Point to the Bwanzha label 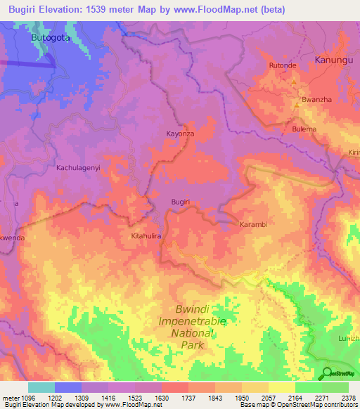[316, 100]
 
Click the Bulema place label [304, 129]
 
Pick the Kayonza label [179, 133]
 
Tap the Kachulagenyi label [79, 169]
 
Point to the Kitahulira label [147, 237]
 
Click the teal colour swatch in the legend [41, 387]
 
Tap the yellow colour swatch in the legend [281, 387]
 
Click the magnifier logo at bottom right [328, 374]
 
